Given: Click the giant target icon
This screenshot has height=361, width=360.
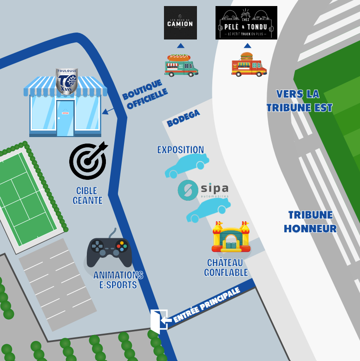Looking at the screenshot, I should click(88, 161).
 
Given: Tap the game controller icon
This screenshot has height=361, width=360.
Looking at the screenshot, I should click(109, 251).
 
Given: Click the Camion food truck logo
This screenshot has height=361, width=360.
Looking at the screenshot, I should click(180, 23).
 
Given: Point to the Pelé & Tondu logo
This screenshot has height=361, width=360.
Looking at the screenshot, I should click(246, 23).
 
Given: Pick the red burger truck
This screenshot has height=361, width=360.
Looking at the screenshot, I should click(249, 65).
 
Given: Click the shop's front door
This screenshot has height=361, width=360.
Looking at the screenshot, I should click(65, 118).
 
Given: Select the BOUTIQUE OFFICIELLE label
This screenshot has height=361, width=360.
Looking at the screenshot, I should click(144, 95).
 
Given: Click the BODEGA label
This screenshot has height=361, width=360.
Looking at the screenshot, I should click(183, 118).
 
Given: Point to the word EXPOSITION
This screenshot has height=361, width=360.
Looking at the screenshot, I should click(180, 150).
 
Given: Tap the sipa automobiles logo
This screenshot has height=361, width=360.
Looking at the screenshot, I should click(203, 190).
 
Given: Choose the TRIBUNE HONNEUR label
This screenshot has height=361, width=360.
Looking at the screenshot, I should click(310, 222).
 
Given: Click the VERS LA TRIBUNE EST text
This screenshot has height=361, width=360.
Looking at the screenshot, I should click(299, 101).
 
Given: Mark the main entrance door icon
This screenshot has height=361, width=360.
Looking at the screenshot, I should click(159, 320).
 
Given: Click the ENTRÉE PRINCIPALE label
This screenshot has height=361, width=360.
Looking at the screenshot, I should click(206, 305).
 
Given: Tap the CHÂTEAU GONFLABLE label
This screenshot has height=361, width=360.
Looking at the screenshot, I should click(226, 268).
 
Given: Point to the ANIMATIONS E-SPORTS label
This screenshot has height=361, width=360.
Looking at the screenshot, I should click(118, 280).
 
